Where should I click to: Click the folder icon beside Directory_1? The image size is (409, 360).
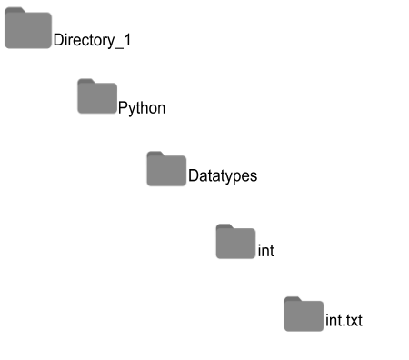click(x=27, y=30)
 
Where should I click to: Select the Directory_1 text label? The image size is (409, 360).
click(x=92, y=40)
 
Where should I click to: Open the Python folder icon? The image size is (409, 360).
click(x=97, y=97)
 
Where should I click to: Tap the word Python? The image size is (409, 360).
click(x=142, y=108)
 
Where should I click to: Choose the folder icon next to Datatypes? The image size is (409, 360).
click(x=166, y=170)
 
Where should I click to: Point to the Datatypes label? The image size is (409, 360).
click(x=223, y=176)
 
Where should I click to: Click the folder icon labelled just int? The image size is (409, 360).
click(x=235, y=242)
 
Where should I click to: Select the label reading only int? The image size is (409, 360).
click(x=266, y=250)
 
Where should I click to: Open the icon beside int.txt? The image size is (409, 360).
click(x=304, y=315)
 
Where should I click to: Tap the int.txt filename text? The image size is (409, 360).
click(x=344, y=321)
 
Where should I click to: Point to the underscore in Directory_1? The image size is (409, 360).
click(x=118, y=45)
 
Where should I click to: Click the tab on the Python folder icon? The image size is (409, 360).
click(x=86, y=83)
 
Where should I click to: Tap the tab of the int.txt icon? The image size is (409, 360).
click(x=293, y=300)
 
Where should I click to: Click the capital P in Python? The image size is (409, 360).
click(x=124, y=108)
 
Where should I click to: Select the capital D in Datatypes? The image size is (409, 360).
click(x=194, y=176)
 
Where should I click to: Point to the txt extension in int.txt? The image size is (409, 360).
click(x=354, y=321)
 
